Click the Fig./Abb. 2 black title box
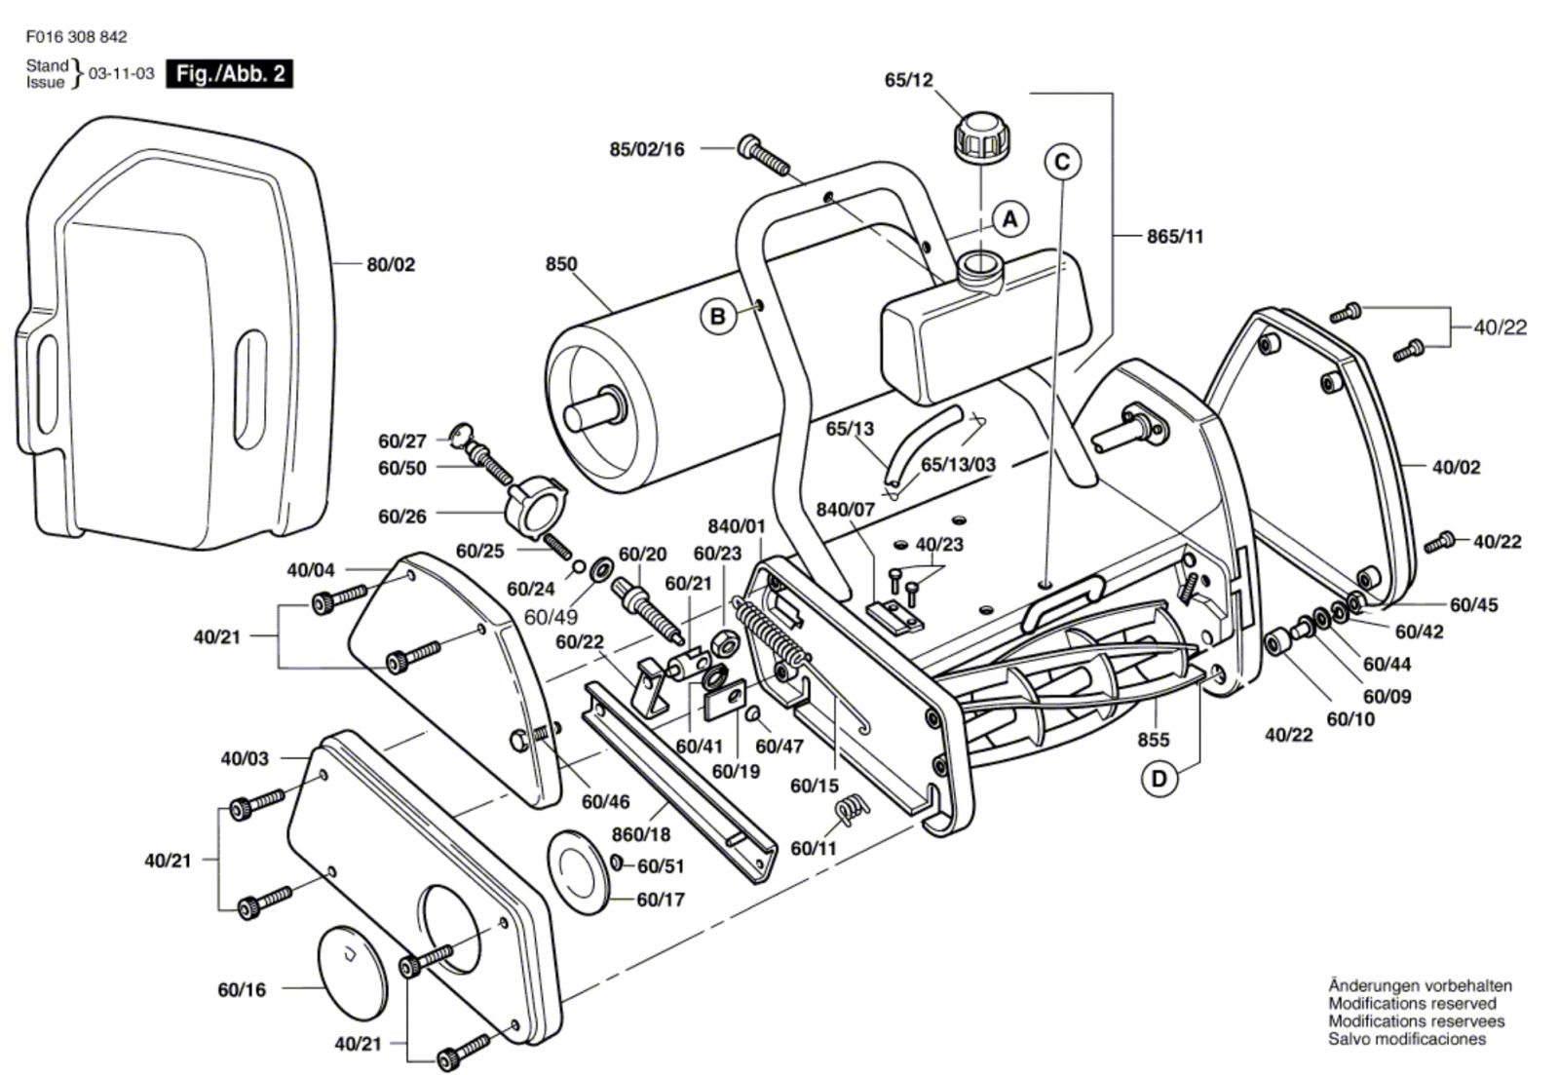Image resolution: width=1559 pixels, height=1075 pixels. click(229, 74)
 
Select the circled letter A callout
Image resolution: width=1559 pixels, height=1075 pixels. click(1010, 218)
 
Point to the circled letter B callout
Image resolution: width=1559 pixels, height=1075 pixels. click(718, 317)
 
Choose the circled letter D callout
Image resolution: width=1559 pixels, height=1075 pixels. click(1159, 779)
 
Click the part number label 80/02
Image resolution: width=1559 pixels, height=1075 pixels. click(391, 264)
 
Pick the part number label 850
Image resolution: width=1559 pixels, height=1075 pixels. click(561, 264)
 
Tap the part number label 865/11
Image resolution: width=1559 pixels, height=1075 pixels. click(1175, 236)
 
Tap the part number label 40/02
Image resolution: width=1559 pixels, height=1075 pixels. click(1456, 467)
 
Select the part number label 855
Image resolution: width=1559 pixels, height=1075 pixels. click(1153, 740)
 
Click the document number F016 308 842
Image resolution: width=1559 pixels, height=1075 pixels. click(77, 37)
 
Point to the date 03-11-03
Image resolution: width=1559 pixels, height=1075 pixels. click(122, 74)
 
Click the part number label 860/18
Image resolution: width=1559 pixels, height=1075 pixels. click(642, 834)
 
